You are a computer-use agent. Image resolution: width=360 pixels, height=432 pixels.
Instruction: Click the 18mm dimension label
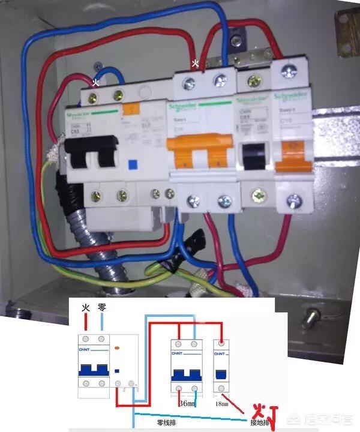coord(221,404)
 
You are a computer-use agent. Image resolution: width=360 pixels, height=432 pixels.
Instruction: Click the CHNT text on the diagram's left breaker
coord(84,349)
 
